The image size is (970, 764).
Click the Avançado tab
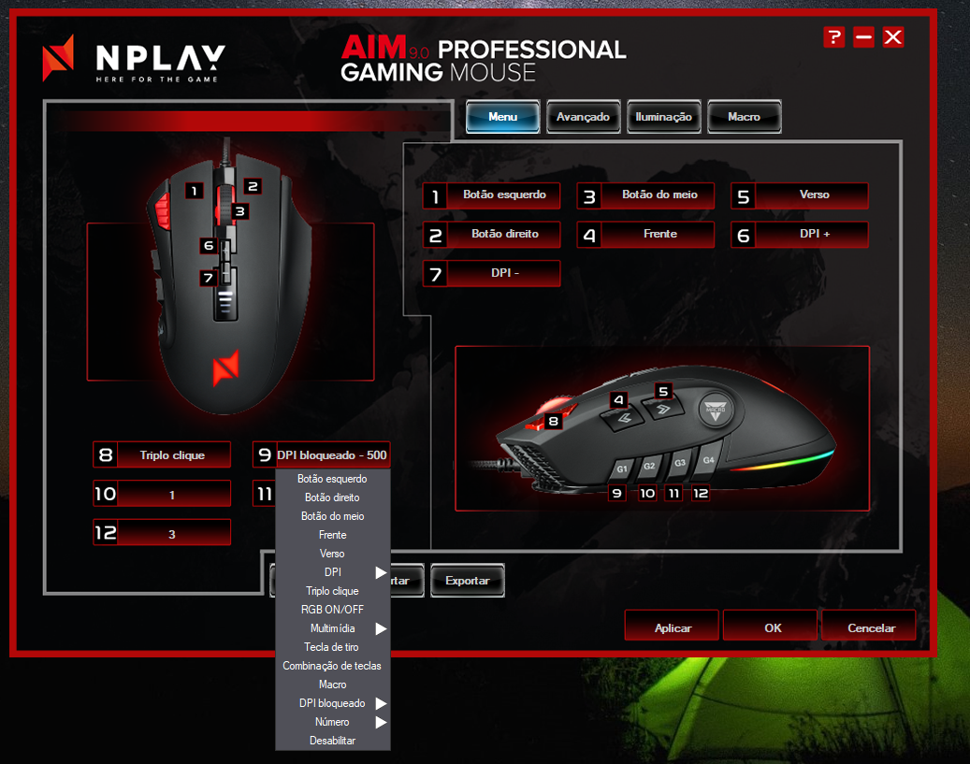click(x=583, y=117)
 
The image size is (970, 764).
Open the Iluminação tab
click(x=663, y=117)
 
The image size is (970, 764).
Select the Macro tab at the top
click(x=744, y=117)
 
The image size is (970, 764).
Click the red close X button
click(x=893, y=37)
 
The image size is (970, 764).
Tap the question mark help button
click(x=833, y=37)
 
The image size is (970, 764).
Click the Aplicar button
click(x=673, y=627)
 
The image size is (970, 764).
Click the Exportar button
click(x=467, y=581)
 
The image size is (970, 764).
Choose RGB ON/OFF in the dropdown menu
click(x=332, y=610)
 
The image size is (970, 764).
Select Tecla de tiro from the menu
click(x=332, y=647)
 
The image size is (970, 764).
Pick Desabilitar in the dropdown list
click(x=332, y=741)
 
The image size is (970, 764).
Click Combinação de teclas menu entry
click(x=332, y=666)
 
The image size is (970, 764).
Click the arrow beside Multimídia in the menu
click(x=381, y=628)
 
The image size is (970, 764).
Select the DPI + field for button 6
click(x=814, y=234)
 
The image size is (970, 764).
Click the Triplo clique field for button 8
click(x=172, y=455)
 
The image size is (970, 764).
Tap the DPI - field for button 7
click(x=504, y=273)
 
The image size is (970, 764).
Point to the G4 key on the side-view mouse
click(x=708, y=461)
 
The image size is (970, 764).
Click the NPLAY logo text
click(x=160, y=59)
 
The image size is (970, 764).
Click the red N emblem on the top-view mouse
click(x=225, y=367)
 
